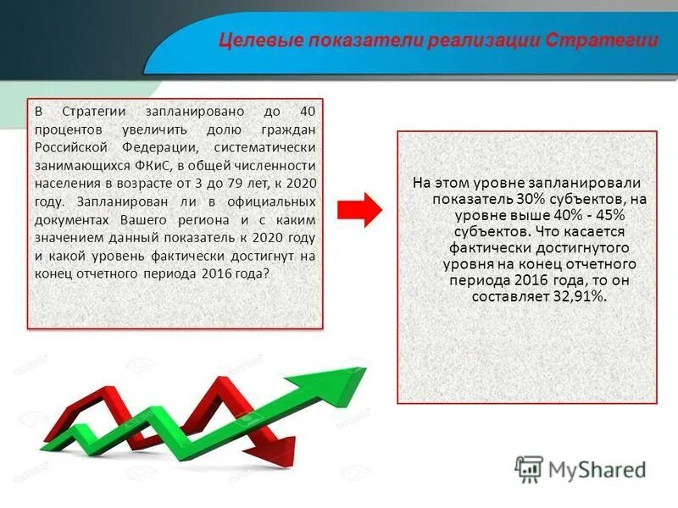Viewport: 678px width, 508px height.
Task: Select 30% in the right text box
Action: coord(527,199)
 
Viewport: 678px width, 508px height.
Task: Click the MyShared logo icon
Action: coord(529,468)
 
